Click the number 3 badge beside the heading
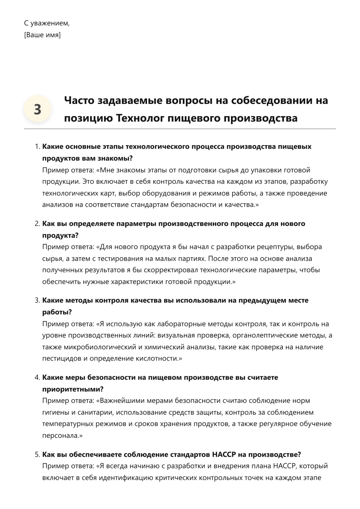(x=37, y=109)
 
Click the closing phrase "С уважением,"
(x=47, y=23)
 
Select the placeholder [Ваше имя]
(x=42, y=35)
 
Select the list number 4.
(x=37, y=377)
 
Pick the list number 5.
(x=37, y=454)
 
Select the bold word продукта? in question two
(x=60, y=235)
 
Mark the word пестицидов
(x=62, y=358)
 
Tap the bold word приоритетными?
(x=73, y=389)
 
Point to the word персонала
(x=61, y=436)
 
